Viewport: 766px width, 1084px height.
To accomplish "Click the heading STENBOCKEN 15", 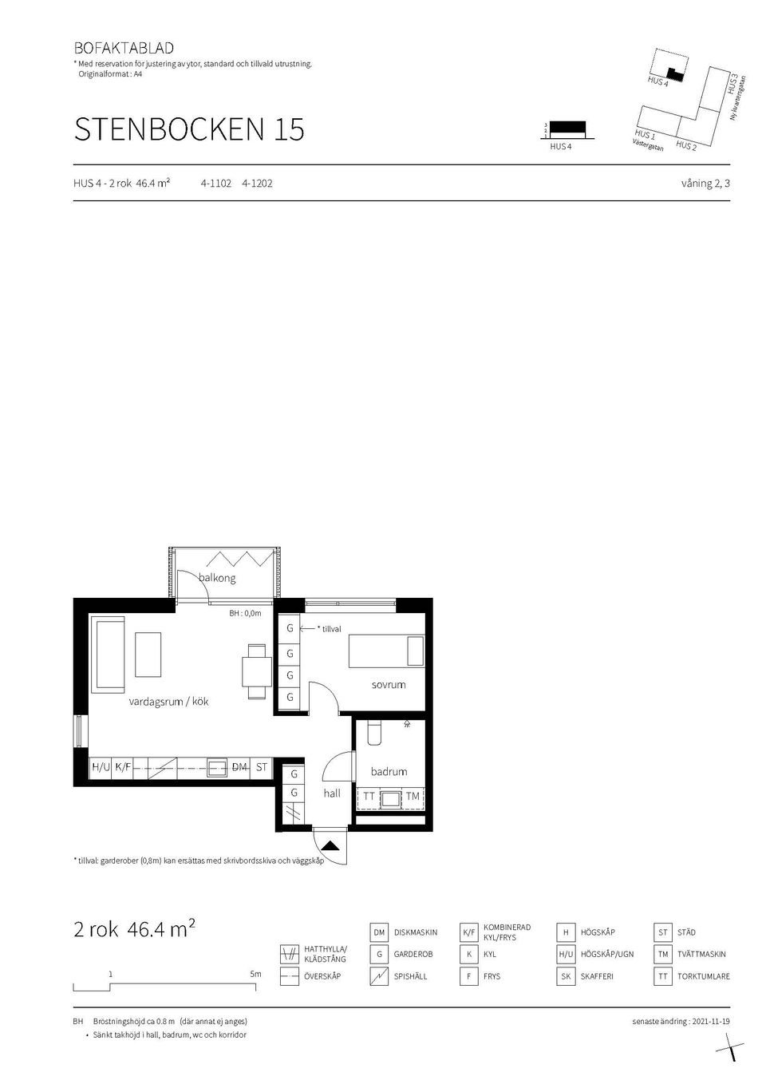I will click(x=189, y=129).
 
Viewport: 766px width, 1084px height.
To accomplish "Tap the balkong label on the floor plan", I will click(x=217, y=578).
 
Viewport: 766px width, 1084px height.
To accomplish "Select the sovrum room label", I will click(x=389, y=685).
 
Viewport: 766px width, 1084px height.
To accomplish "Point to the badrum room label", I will click(x=389, y=772).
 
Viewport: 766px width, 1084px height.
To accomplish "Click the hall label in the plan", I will click(x=332, y=793).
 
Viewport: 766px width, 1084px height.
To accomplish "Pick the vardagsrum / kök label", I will click(x=168, y=702).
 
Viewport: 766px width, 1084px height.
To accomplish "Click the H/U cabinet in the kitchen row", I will click(x=101, y=767).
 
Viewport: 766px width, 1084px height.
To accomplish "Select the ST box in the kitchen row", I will click(x=262, y=767).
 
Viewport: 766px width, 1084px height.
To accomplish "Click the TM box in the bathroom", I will click(x=413, y=797).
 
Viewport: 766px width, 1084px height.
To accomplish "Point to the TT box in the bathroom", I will click(x=369, y=797).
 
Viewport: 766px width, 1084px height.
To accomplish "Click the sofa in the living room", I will click(x=109, y=654).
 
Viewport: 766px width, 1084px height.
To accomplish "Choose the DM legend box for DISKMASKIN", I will click(x=380, y=932).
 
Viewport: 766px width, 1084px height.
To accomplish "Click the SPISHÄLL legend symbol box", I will click(x=380, y=976).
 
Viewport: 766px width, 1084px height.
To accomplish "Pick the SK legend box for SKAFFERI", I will click(x=566, y=976).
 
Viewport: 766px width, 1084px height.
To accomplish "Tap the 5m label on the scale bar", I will click(x=255, y=975).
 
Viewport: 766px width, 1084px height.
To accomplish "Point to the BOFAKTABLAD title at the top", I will click(x=124, y=48).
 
